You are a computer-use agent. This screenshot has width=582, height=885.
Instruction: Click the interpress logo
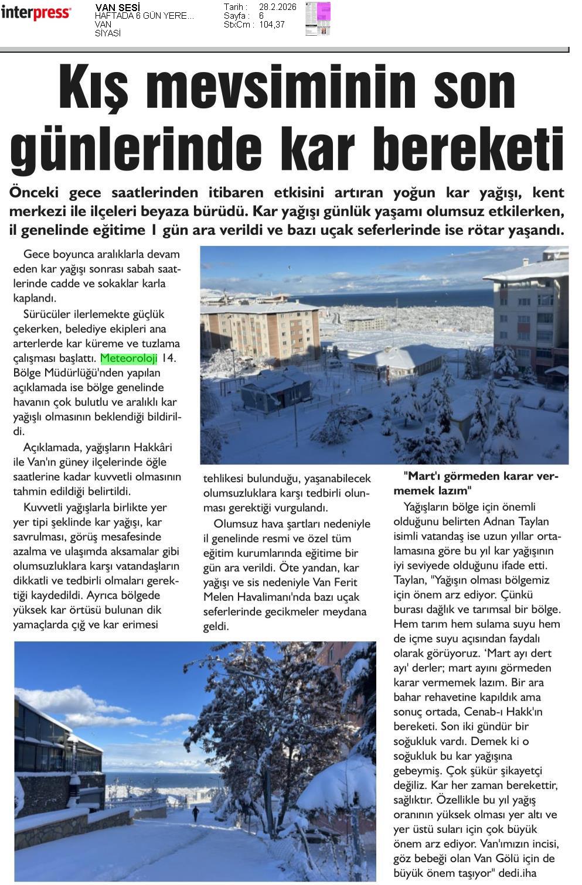coord(36,13)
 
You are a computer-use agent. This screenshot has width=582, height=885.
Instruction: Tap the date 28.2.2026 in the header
coord(277,7)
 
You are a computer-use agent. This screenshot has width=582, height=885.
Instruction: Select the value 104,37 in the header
coord(272,25)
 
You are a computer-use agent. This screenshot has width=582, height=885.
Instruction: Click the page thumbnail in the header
coord(318,19)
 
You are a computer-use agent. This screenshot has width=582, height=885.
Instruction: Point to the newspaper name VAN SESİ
coord(117,7)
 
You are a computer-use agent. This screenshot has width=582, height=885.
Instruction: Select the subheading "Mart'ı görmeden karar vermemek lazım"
coord(481,483)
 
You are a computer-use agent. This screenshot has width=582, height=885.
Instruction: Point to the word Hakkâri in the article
coord(153,447)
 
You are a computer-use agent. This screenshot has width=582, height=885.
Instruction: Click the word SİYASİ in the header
coord(108,33)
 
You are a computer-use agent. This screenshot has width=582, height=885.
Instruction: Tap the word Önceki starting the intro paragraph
coord(36,192)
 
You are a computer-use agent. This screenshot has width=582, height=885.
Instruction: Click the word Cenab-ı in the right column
coord(485,712)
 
